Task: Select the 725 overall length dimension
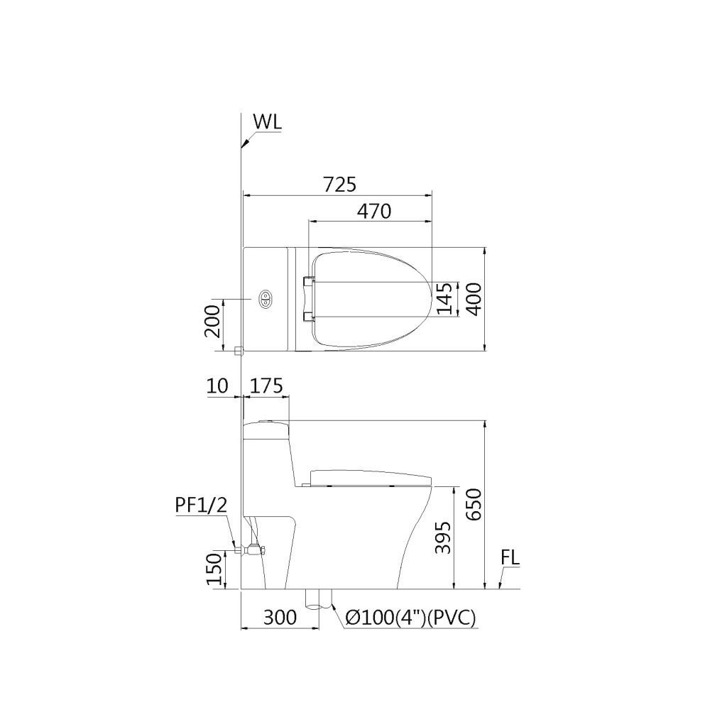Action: coord(339,184)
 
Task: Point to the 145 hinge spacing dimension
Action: coord(444,298)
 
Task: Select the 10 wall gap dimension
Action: coord(218,386)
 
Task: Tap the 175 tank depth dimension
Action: coord(267,386)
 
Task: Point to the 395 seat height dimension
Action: coord(442,538)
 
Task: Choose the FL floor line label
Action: coord(510,558)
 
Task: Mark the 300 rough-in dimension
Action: coord(280,618)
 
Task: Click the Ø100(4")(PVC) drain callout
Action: coord(410,618)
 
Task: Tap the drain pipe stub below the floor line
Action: coord(319,599)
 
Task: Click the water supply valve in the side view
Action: coord(251,549)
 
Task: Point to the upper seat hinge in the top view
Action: coord(308,283)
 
